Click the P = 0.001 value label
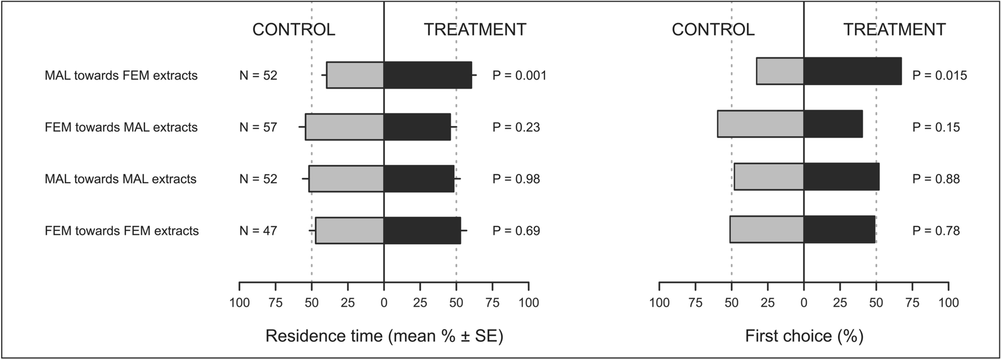pos(519,75)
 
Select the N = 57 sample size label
pos(258,127)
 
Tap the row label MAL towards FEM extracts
pos(121,75)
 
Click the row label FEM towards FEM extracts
pos(122,230)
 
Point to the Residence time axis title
pos(384,336)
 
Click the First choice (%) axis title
pos(804,336)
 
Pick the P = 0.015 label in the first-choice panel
pos(939,75)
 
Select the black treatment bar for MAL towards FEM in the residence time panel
pos(427,75)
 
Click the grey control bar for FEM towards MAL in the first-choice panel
pos(761,124)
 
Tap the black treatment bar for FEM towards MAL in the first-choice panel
pos(833,124)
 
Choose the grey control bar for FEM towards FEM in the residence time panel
pos(349,230)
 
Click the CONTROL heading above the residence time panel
pos(293,29)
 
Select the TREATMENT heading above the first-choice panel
pos(894,29)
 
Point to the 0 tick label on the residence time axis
pos(384,302)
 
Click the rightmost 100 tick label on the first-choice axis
pos(948,302)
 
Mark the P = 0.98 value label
pos(516,179)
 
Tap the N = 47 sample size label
pos(258,230)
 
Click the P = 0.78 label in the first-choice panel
pos(936,230)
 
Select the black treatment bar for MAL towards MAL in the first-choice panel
pos(841,177)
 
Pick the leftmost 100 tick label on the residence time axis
pos(239,302)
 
